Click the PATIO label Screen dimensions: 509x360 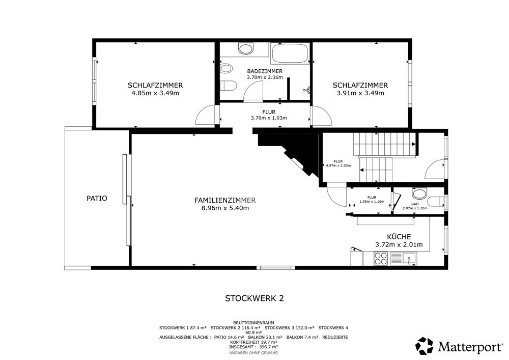click(97, 198)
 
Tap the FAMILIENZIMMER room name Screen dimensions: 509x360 click(225, 200)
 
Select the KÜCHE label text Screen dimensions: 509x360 click(399, 237)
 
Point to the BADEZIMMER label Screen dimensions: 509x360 click(265, 71)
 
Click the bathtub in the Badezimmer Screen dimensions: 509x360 click(290, 53)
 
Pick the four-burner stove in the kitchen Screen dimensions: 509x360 click(380, 259)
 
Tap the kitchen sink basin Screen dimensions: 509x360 click(409, 259)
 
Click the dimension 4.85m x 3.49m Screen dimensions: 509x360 click(155, 93)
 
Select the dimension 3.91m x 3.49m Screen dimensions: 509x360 click(360, 93)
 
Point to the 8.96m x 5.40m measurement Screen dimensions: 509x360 click(225, 208)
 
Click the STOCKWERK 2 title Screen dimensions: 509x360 click(254, 298)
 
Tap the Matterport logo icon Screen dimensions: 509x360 click(425, 346)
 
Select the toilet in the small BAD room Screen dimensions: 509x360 click(436, 201)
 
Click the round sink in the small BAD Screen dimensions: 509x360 click(419, 193)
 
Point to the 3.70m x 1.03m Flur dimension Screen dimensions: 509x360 click(269, 118)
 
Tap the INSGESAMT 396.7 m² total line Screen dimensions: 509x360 click(253, 347)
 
